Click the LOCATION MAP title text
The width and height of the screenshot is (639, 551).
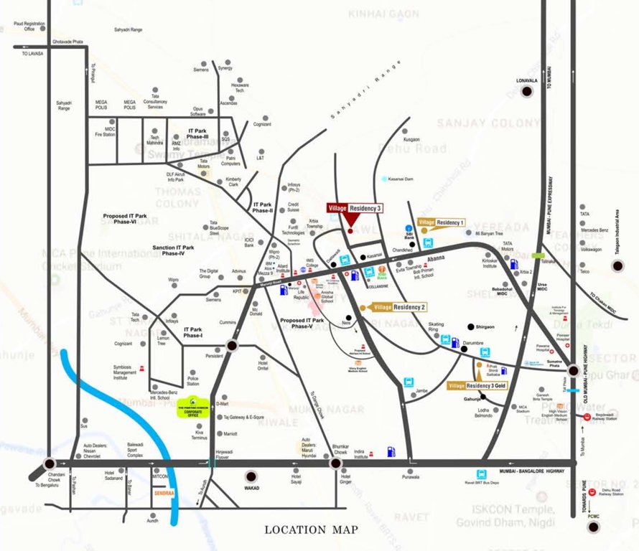point(311,530)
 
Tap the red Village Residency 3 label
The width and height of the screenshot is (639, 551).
point(355,207)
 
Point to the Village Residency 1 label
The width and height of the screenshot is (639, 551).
point(442,223)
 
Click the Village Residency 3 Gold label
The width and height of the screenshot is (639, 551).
point(478,386)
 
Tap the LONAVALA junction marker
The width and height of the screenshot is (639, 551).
point(528,91)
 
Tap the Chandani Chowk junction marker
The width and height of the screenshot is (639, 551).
point(49,464)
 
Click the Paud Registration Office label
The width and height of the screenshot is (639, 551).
point(29,27)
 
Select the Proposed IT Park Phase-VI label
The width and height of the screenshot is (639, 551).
point(130,218)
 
